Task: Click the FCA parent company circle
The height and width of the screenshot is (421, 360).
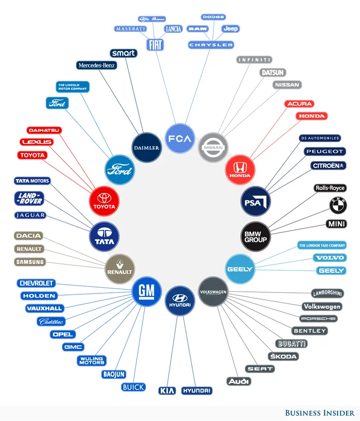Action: (x=180, y=138)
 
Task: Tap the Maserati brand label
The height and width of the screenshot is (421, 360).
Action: (x=131, y=29)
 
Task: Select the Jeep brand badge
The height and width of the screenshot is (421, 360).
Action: (x=230, y=29)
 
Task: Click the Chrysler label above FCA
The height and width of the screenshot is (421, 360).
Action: (x=211, y=45)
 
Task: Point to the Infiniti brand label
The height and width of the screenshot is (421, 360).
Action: (x=254, y=60)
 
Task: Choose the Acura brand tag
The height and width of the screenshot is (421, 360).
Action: (x=299, y=104)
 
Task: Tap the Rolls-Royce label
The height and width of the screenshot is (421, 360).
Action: (x=330, y=188)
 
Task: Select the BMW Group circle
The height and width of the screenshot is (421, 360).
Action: (x=256, y=237)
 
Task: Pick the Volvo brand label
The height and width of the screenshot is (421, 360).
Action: (x=330, y=257)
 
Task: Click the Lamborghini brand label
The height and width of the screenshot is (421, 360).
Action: (x=328, y=293)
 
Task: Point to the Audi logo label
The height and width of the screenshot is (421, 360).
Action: (x=239, y=381)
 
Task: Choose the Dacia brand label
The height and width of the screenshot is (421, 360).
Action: (x=28, y=236)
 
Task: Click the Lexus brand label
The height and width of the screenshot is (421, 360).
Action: (x=36, y=142)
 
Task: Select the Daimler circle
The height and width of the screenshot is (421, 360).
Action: (x=147, y=148)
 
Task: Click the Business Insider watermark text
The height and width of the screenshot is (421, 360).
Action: (x=319, y=413)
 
